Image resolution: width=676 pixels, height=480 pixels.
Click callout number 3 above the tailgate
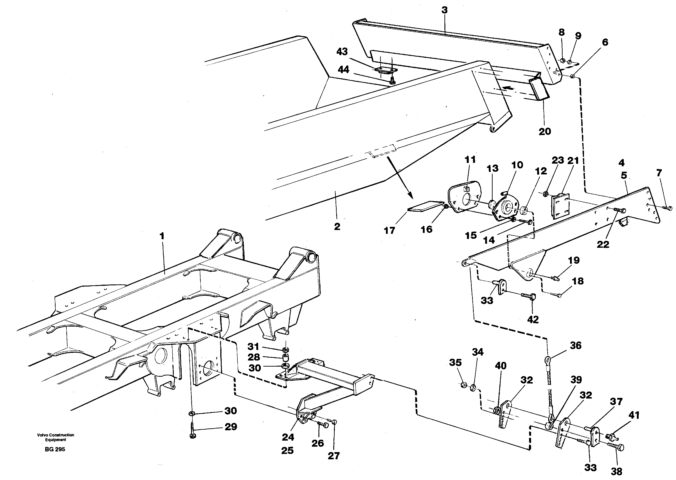click(x=444, y=10)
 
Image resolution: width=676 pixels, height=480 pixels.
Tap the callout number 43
click(x=342, y=52)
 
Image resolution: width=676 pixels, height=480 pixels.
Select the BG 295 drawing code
click(x=55, y=449)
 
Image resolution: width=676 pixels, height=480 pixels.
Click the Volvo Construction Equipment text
click(x=56, y=437)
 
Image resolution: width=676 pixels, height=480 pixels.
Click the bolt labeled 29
click(x=192, y=431)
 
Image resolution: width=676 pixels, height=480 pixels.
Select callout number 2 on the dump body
click(x=337, y=227)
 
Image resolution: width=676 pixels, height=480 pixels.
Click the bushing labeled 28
click(x=286, y=359)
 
